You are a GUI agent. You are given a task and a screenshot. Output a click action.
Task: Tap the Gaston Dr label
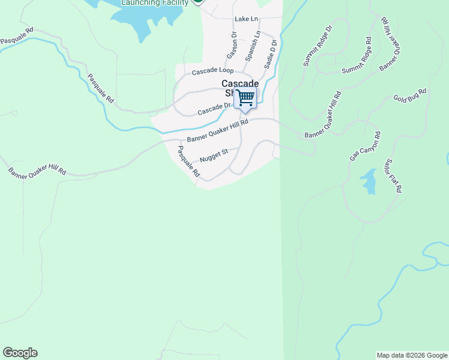(232, 44)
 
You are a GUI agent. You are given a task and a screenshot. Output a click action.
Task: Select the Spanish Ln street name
(253, 46)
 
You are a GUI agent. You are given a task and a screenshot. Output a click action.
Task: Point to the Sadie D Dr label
(270, 52)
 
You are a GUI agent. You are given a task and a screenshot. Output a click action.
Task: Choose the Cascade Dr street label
(214, 109)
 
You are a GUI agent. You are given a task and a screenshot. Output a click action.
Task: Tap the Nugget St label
(214, 155)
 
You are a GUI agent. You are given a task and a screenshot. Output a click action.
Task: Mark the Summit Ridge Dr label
(318, 46)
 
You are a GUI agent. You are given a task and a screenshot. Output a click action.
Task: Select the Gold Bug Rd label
(409, 95)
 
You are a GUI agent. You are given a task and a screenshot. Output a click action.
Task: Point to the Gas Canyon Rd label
(365, 146)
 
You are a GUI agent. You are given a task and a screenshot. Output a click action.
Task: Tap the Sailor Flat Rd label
(394, 175)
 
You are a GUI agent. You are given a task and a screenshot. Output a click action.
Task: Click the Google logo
(20, 353)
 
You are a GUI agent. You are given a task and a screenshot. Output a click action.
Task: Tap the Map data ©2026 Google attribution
(412, 355)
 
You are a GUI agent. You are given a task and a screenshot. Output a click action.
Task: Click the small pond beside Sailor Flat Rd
(369, 181)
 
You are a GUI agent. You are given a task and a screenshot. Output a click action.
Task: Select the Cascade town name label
(240, 84)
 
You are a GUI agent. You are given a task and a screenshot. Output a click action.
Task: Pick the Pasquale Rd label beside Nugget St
(188, 161)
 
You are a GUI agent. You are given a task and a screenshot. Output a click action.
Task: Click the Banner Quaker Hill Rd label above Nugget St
(217, 131)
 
